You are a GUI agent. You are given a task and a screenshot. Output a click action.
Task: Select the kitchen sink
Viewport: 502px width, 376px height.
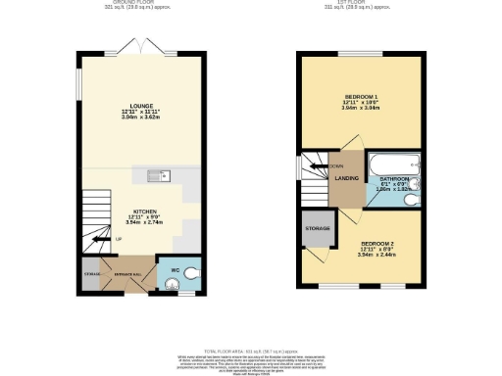158,175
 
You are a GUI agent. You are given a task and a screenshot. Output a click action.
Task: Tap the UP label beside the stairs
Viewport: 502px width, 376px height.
119,239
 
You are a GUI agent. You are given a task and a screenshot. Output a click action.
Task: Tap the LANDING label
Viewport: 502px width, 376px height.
344,177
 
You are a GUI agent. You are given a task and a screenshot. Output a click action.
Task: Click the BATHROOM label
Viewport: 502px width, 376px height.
393,179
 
